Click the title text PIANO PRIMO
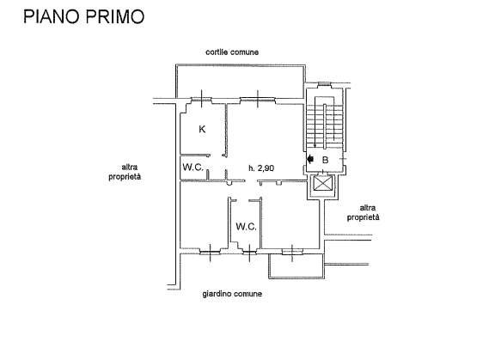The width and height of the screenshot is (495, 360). coord(84,16)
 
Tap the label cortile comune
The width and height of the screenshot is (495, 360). coord(232,52)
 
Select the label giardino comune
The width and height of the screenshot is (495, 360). coord(232,294)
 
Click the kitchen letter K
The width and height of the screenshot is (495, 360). coord(202,129)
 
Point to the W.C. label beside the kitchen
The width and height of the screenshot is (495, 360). coord(192,167)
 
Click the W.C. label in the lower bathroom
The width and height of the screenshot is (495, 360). coord(246,226)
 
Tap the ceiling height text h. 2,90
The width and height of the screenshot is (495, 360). coord(261,168)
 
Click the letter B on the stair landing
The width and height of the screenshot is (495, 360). coord(325,161)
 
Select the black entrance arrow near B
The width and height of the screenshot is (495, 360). coord(310,159)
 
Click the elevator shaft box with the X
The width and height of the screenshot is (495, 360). coord(322,184)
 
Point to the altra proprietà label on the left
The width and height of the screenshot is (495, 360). coord(125,172)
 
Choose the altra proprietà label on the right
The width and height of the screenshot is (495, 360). coord(364,213)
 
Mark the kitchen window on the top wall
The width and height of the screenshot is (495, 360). coord(201,100)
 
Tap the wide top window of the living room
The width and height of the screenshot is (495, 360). coord(258,100)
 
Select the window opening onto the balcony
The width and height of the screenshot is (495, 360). coord(292,251)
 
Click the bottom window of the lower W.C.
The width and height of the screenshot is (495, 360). coord(249,252)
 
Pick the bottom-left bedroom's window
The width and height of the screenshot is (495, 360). coord(210,252)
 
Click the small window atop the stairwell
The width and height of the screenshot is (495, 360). coord(324,83)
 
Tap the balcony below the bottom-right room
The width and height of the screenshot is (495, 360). coord(296,265)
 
